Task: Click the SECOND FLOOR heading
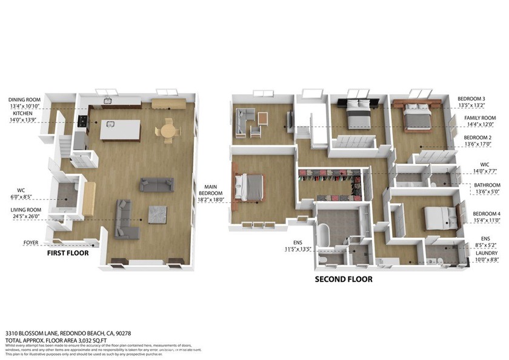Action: pyautogui.click(x=343, y=279)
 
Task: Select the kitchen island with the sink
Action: pyautogui.click(x=120, y=129)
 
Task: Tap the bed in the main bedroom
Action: pyautogui.click(x=251, y=187)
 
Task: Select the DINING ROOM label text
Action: pyautogui.click(x=24, y=99)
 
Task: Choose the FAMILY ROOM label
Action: pyautogui.click(x=480, y=118)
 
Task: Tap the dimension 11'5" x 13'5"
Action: pyautogui.click(x=298, y=248)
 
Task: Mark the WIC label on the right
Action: pyautogui.click(x=484, y=164)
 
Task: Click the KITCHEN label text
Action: pyautogui.click(x=22, y=113)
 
